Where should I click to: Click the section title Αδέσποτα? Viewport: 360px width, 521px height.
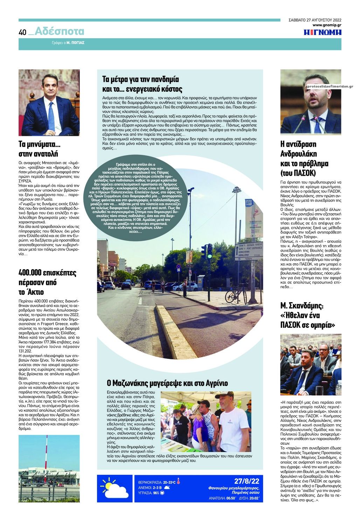pyautogui.click(x=60, y=32)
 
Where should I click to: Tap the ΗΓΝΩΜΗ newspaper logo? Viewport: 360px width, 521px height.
pyautogui.click(x=322, y=33)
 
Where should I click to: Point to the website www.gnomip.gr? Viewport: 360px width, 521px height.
pyautogui.click(x=326, y=25)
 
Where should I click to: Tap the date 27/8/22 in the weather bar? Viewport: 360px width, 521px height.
pyautogui.click(x=247, y=481)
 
